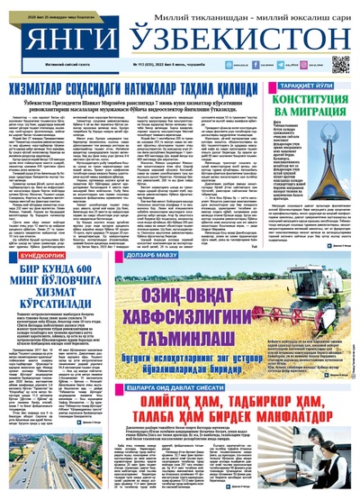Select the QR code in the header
341,63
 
